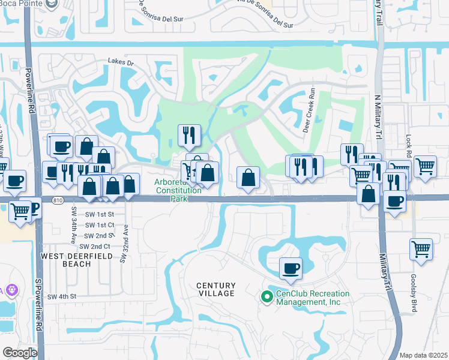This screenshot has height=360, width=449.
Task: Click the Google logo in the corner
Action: click(20, 353)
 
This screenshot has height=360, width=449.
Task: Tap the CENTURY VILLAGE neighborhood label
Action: click(217, 289)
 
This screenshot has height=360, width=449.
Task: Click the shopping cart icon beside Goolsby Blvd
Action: click(421, 249)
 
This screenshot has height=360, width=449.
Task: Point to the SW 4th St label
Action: click(62, 296)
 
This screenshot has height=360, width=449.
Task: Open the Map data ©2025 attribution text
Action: click(423, 355)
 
